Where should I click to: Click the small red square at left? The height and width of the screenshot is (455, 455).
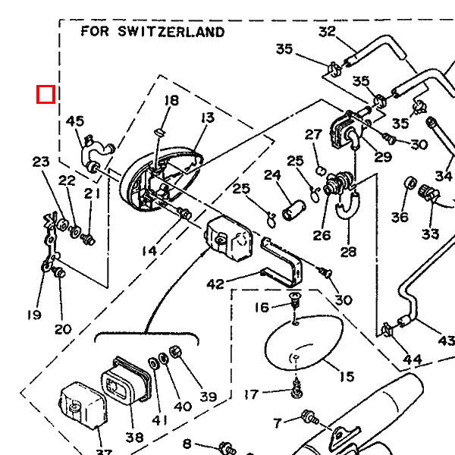click(45, 94)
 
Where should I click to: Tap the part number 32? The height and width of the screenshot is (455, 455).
click(327, 32)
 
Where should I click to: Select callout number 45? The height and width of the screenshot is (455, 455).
click(75, 121)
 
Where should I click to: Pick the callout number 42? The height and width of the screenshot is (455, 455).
click(215, 284)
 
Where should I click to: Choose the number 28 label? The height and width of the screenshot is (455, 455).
click(348, 253)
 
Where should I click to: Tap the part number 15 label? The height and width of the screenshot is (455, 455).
click(347, 377)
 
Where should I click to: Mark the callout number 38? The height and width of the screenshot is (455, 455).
click(134, 437)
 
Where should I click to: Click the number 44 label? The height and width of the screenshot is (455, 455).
click(412, 359)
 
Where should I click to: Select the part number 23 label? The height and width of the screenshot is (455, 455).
click(40, 162)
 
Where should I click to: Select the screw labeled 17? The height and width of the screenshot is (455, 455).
click(297, 391)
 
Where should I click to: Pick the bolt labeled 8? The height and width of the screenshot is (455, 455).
click(224, 447)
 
